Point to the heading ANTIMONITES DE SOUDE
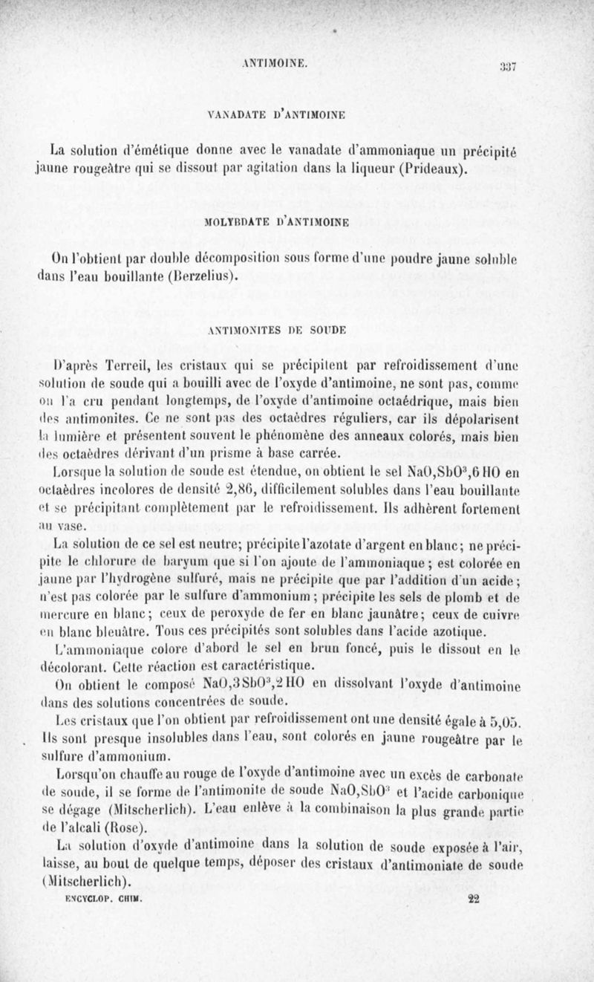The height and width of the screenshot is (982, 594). [x=274, y=328]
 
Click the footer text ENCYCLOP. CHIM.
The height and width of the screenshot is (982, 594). [x=93, y=897]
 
